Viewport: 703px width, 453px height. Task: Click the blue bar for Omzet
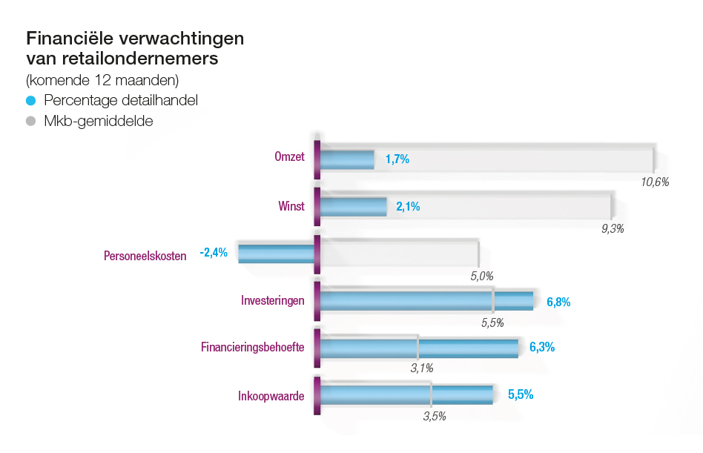pyautogui.click(x=346, y=159)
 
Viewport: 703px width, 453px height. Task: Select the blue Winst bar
pyautogui.click(x=353, y=207)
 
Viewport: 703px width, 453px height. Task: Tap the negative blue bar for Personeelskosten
pyautogui.click(x=276, y=253)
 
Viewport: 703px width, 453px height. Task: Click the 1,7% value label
pyautogui.click(x=397, y=159)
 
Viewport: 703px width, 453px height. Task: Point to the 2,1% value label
pyautogui.click(x=408, y=207)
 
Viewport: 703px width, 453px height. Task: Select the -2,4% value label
pyautogui.click(x=214, y=253)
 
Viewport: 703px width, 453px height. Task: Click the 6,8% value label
pyautogui.click(x=558, y=302)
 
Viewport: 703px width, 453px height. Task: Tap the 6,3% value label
pyautogui.click(x=543, y=347)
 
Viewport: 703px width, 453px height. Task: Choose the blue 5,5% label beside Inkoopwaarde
pyautogui.click(x=521, y=394)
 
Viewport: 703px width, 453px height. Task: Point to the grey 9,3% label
pyautogui.click(x=613, y=229)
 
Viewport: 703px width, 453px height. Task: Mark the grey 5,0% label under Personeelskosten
pyautogui.click(x=482, y=277)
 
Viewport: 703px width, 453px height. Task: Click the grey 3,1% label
pyautogui.click(x=422, y=367)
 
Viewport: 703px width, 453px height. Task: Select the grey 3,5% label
pyautogui.click(x=435, y=416)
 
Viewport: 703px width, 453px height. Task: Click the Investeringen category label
pyautogui.click(x=272, y=301)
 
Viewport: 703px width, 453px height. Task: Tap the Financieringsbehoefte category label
pyautogui.click(x=253, y=347)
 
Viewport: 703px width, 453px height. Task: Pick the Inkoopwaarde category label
pyautogui.click(x=271, y=396)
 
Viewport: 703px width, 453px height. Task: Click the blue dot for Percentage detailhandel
pyautogui.click(x=31, y=100)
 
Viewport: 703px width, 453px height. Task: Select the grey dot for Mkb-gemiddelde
pyautogui.click(x=31, y=121)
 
